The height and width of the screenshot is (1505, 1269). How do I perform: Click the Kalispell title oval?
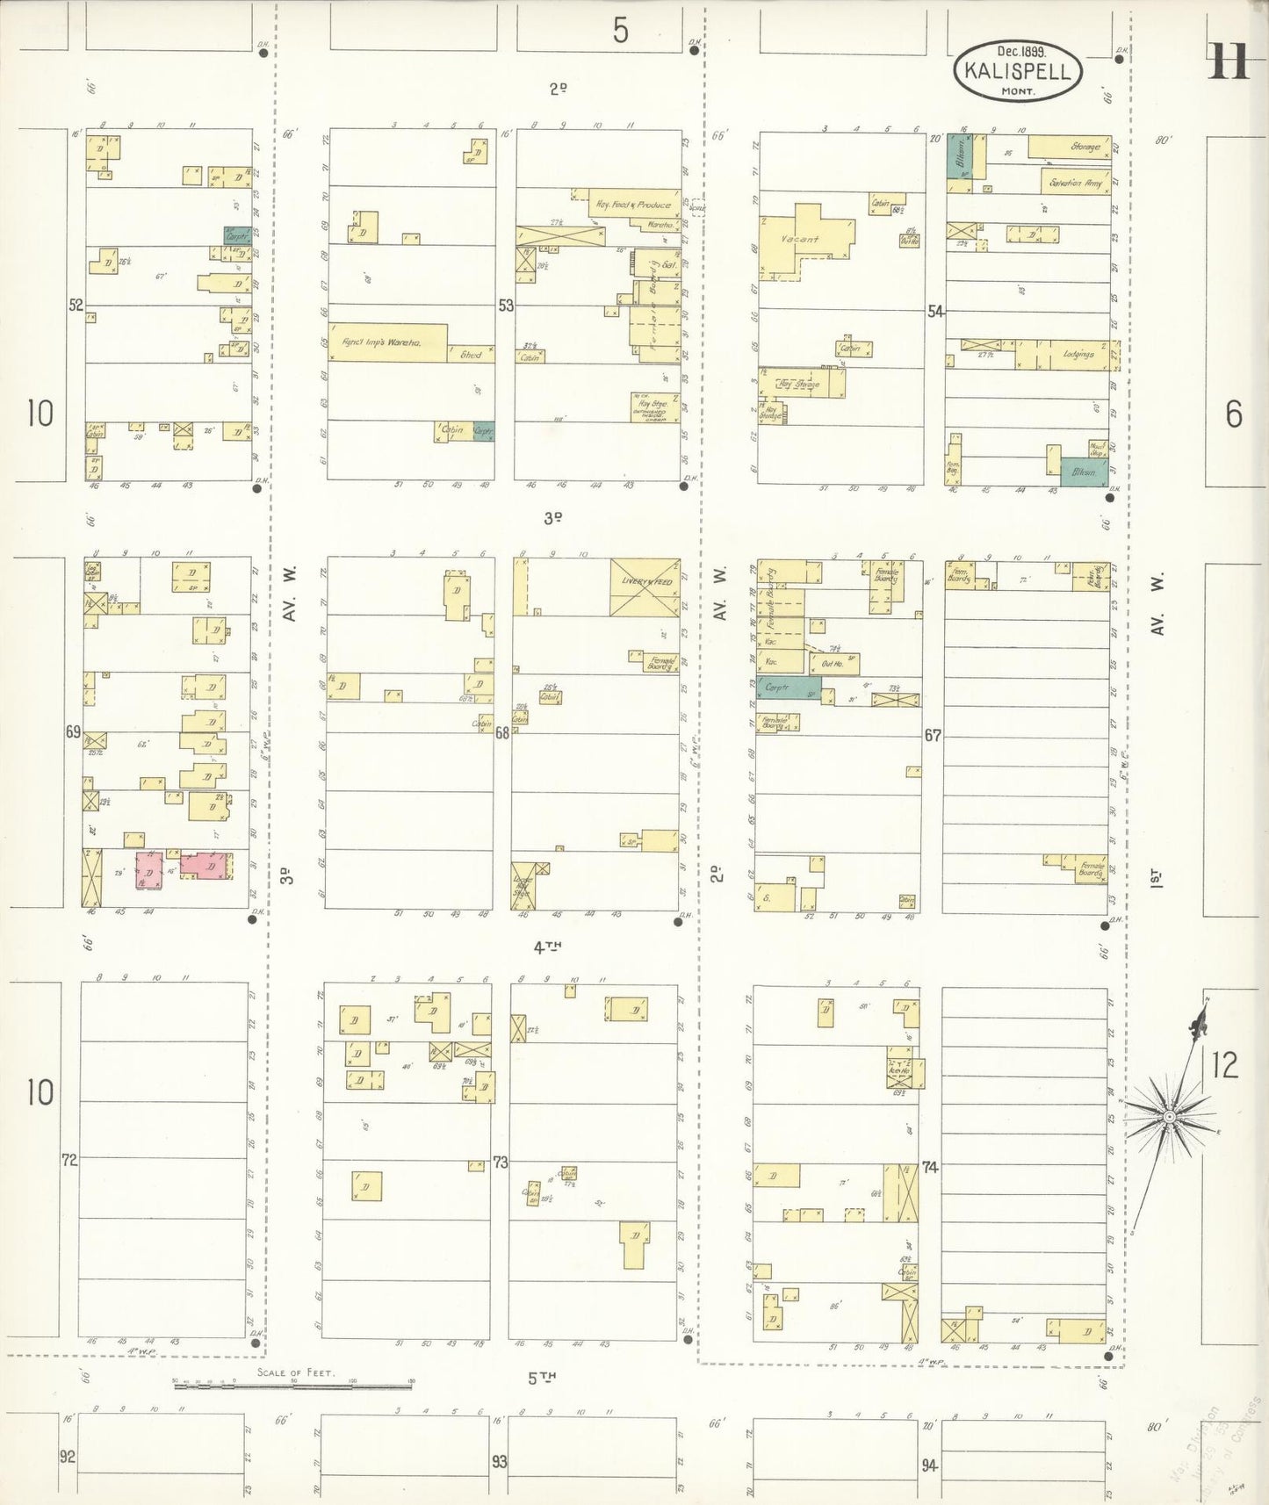1017,71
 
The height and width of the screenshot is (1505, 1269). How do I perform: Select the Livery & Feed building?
645,587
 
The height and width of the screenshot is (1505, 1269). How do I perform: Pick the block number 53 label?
505,306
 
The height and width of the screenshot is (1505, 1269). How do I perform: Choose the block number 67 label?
932,735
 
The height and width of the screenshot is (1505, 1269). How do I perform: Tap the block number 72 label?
69,1160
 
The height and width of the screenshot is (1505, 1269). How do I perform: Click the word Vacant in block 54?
799,239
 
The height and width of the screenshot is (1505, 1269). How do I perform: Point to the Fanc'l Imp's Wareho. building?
387,342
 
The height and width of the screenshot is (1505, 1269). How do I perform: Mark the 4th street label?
546,947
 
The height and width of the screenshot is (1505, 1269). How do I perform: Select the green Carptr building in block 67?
789,688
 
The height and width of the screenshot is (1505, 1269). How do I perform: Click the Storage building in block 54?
1069,147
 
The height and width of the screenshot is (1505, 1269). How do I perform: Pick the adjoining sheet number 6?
1233,414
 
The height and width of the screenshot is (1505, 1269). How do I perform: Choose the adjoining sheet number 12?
1224,1065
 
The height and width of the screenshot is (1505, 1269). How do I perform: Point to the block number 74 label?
930,1167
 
